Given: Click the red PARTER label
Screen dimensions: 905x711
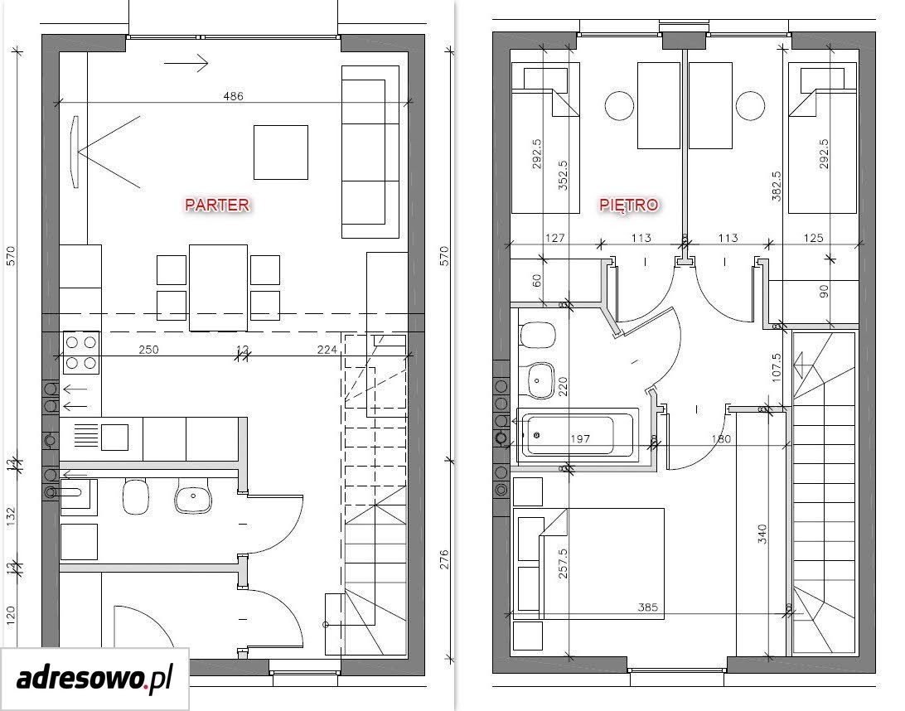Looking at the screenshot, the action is coord(217,205).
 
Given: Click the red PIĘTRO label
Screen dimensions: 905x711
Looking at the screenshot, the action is coord(628,205).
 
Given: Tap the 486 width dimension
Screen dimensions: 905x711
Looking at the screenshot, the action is coord(233,96).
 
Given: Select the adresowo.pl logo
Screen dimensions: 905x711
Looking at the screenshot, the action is coord(94,679).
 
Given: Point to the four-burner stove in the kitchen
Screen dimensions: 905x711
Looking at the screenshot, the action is coord(81,353).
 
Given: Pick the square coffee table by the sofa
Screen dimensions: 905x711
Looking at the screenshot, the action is coord(280,152).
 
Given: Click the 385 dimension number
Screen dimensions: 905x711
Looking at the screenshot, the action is coord(647,607).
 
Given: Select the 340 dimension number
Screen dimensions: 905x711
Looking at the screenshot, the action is coord(762,534).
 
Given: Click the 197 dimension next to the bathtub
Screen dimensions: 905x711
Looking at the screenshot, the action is coord(579,438).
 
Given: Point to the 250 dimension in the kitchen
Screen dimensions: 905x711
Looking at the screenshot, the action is coord(148,349).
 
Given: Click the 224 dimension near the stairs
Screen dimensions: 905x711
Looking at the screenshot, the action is coord(327,349).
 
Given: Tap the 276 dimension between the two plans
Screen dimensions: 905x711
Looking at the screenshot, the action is coord(444,560).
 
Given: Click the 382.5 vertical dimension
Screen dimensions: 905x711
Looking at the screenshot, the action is coord(777,186).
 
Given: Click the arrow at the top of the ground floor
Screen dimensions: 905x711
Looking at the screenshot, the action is coord(186,62).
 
